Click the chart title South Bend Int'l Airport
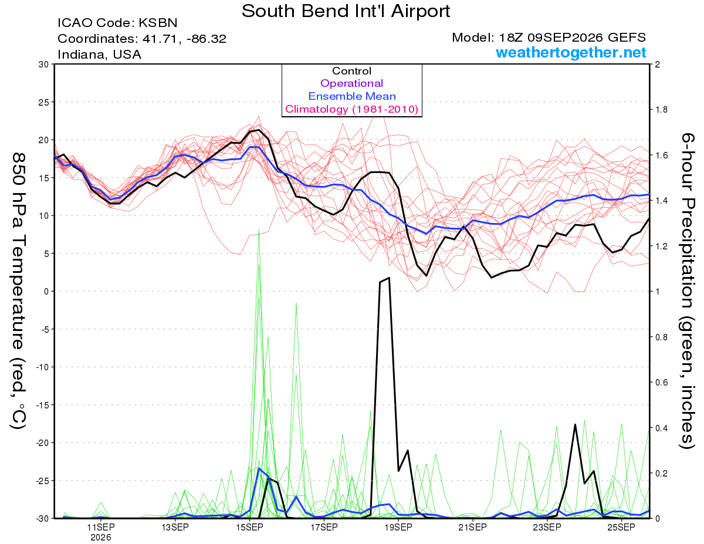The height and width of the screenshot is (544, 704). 346,11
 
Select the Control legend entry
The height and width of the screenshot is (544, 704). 351,71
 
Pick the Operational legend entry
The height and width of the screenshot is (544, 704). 351,83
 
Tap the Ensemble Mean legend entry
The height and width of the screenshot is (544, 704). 352,96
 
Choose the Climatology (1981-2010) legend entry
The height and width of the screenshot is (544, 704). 352,109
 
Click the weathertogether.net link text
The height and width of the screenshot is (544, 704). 571,52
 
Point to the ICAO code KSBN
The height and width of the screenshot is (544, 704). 158,23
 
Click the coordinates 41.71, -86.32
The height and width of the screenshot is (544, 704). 184,39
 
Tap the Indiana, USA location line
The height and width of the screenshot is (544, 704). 100,55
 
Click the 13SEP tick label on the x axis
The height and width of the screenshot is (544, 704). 175,527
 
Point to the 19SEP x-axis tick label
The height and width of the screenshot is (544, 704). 398,527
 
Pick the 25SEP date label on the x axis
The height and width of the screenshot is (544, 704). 621,527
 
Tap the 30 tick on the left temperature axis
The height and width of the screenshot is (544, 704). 44,65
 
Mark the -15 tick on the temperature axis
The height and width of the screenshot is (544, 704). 42,405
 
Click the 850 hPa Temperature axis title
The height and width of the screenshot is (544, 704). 19,291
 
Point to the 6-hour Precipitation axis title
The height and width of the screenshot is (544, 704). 687,291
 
